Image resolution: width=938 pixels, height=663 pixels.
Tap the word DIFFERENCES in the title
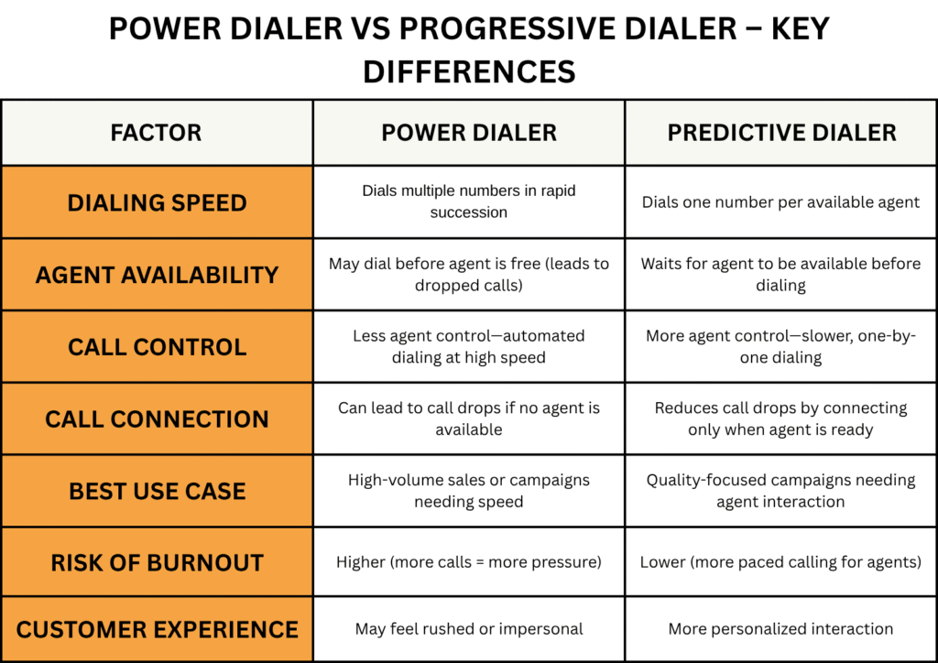(x=469, y=71)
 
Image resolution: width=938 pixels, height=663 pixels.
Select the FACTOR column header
(x=156, y=133)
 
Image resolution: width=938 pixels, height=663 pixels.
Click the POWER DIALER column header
(x=469, y=133)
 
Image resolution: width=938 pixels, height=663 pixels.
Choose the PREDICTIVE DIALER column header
(x=781, y=133)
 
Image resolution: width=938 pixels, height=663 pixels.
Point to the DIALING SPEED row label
(x=157, y=202)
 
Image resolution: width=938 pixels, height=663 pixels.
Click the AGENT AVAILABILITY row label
(x=157, y=275)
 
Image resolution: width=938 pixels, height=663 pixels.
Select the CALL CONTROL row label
(x=157, y=347)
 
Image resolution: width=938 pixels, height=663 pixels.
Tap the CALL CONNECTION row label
(x=157, y=419)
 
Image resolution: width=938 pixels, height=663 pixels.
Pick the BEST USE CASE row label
(x=157, y=492)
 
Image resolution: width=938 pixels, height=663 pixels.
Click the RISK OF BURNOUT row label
(x=157, y=562)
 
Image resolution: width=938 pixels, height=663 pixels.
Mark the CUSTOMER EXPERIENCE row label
(x=157, y=629)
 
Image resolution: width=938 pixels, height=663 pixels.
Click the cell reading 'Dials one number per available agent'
(x=780, y=202)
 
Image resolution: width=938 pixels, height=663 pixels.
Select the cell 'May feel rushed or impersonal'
(x=469, y=629)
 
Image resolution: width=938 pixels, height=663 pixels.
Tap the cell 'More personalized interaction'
(x=780, y=629)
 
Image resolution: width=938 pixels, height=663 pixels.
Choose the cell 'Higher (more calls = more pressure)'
(x=469, y=562)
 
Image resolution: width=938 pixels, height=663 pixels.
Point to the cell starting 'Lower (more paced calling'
(x=780, y=562)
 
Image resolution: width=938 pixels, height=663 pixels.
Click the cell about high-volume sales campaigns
(x=469, y=491)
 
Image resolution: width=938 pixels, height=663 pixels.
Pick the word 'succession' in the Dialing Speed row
(x=469, y=212)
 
